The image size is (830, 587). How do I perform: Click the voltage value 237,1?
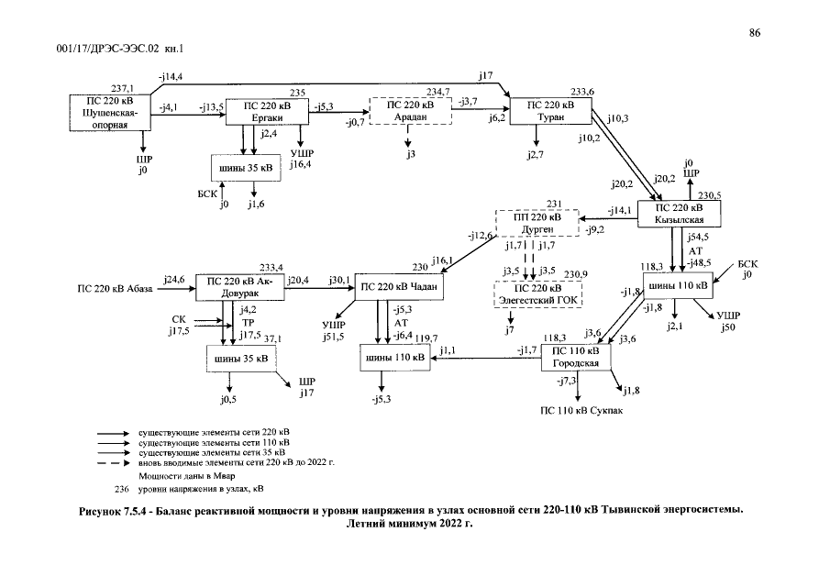point(122,89)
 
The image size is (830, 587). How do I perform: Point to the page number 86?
point(754,33)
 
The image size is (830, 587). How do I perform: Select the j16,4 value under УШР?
point(300,164)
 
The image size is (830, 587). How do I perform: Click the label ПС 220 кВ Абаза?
point(115,289)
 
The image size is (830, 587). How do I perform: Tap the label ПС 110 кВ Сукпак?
point(581,411)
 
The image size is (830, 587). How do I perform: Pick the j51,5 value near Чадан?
point(334,336)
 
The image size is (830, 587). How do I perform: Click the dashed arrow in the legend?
point(114,463)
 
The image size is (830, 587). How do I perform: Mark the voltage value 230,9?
point(575,274)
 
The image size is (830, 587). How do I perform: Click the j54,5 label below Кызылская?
point(698,238)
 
